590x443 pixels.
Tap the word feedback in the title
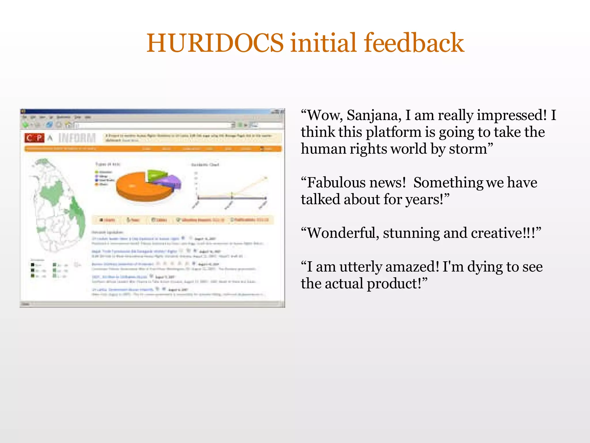coord(414,43)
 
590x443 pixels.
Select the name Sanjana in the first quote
coord(374,115)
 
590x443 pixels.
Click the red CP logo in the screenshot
coord(34,138)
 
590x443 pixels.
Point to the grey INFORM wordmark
coord(77,138)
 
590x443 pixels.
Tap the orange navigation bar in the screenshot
coord(153,149)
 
